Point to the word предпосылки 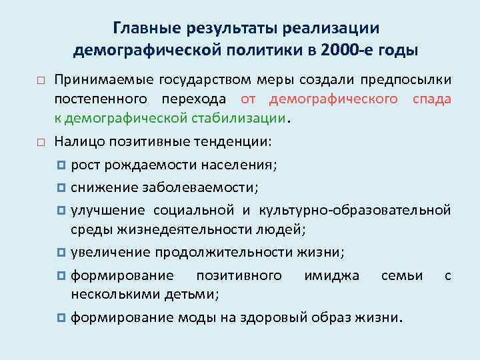(406, 81)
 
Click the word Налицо (80, 141)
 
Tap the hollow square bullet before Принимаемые (40, 81)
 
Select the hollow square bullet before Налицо (40, 142)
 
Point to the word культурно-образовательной (354, 211)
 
